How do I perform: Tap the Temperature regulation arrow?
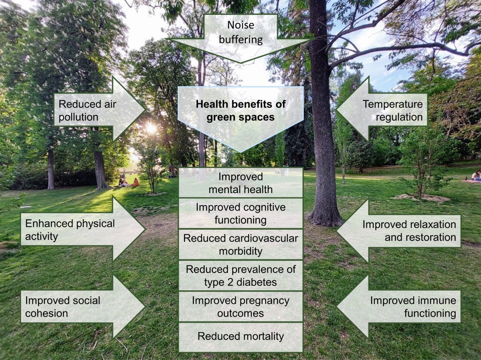tap(385, 110)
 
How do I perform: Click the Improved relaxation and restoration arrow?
tap(401, 231)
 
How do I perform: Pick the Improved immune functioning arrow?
tap(401, 307)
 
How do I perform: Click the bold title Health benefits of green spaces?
tap(240, 111)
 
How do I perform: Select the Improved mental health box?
tap(240, 182)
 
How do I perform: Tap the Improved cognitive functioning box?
tap(240, 213)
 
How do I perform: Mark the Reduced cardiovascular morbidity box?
tap(240, 245)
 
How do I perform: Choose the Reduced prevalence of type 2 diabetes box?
tap(240, 275)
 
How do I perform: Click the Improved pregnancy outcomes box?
tap(240, 306)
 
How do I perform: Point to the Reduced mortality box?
tap(240, 336)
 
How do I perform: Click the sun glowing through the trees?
tap(151, 128)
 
